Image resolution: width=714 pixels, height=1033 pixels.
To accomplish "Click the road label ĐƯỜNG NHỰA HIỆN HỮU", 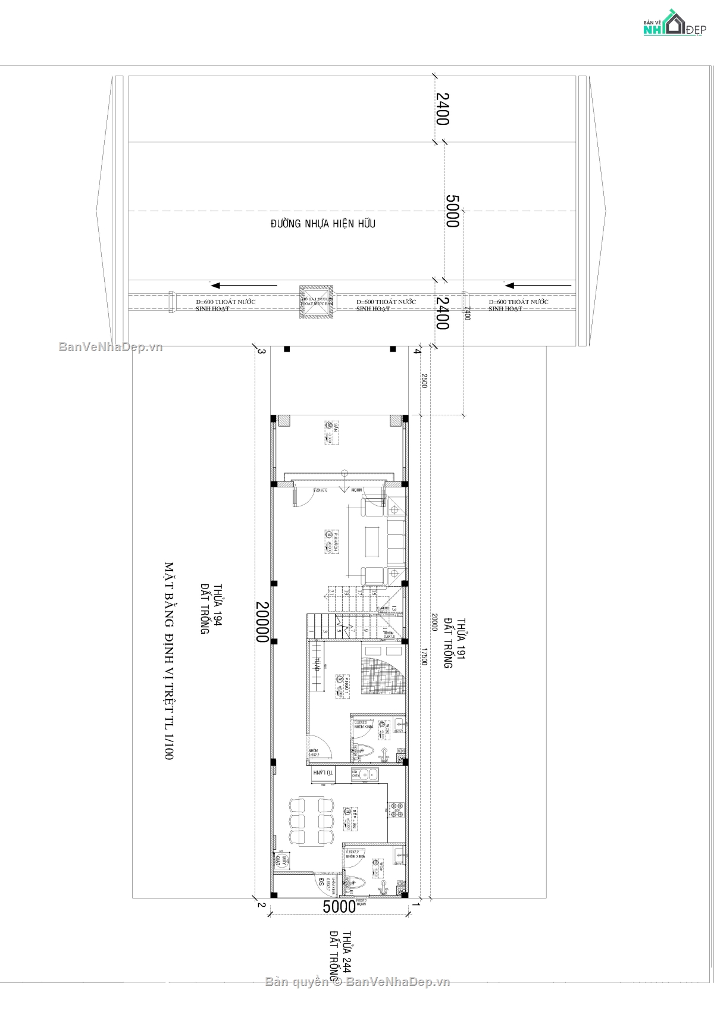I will (323, 224).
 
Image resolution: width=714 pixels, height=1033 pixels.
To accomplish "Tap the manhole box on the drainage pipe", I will (315, 303).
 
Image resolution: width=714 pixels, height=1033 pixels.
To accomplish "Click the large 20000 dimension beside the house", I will (262, 621).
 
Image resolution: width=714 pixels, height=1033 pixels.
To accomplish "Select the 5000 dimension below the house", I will (339, 907).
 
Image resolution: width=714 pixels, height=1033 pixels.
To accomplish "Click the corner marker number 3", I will (261, 351).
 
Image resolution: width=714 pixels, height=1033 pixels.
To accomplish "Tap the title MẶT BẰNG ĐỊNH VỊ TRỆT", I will (169, 660).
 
